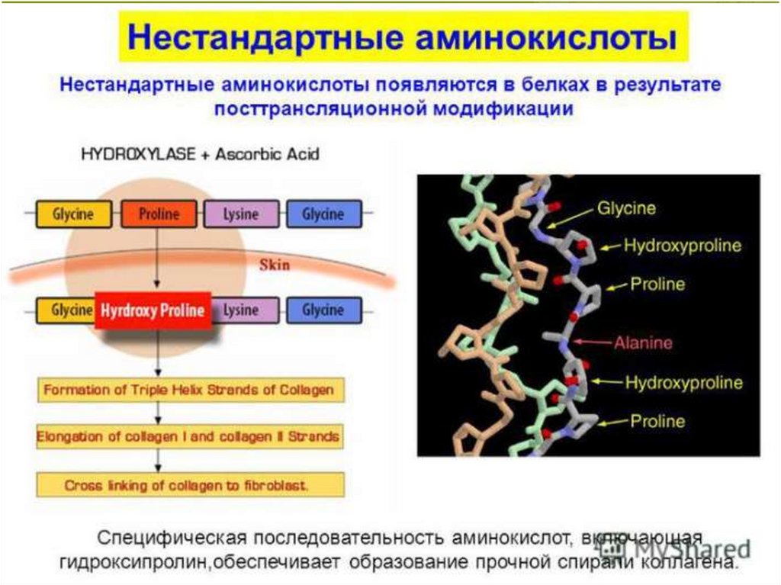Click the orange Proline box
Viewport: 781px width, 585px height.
coord(159,214)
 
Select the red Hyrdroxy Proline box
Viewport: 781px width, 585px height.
coord(153,310)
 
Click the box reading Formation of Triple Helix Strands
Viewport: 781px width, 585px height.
coord(189,391)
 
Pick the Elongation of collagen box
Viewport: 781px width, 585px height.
coord(189,438)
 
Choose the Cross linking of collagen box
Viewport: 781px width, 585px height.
coord(189,484)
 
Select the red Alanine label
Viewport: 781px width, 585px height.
coord(643,342)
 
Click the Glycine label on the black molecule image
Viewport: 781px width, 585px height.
coord(626,207)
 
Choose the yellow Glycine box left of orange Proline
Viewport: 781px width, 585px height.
coord(73,214)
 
